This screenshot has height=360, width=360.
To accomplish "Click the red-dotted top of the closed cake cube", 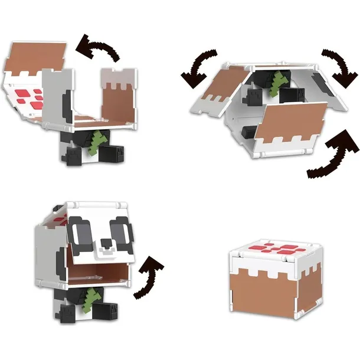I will pos(276,251).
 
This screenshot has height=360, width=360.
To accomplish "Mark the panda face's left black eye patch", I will pos(78,229).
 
